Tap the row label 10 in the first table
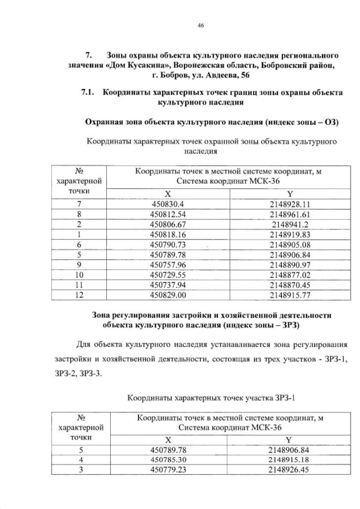[79, 275]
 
